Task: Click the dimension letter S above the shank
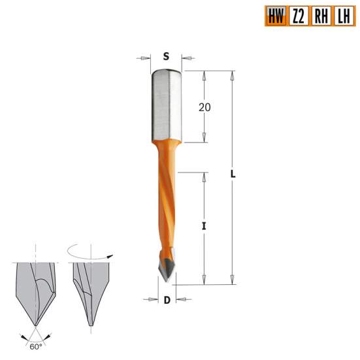pyautogui.click(x=166, y=57)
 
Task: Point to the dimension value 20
pyautogui.click(x=205, y=107)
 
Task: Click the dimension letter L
pyautogui.click(x=233, y=175)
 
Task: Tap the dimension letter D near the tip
pyautogui.click(x=167, y=301)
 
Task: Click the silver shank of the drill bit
pyautogui.click(x=166, y=105)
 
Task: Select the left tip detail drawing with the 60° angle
pyautogui.click(x=32, y=294)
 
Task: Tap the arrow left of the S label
pyautogui.click(x=143, y=58)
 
